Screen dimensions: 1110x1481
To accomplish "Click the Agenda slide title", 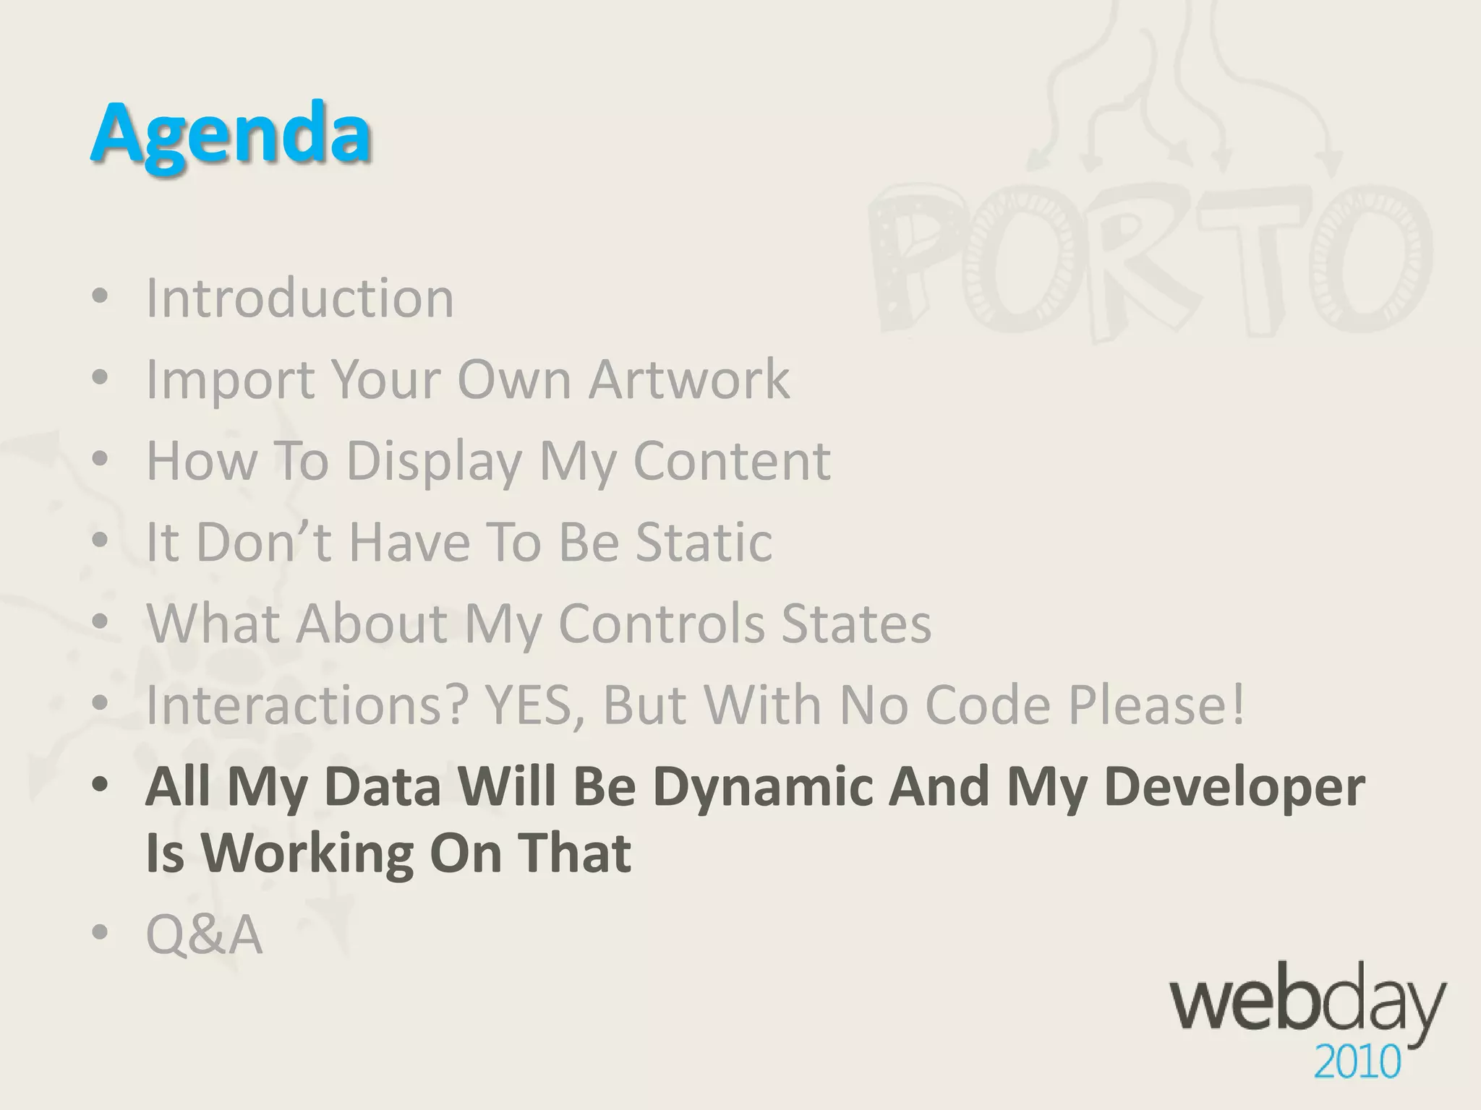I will point(231,134).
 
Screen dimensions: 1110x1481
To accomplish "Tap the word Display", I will point(434,461).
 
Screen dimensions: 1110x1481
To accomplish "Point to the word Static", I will point(704,542).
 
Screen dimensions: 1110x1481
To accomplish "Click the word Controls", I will point(661,623).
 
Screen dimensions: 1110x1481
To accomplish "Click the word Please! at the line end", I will point(1158,705).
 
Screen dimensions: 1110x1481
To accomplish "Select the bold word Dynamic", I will point(763,786).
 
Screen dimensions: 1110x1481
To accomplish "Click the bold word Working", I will point(307,853).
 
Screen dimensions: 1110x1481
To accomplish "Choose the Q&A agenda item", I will point(204,934).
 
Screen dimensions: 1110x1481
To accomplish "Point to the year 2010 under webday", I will point(1357,1063).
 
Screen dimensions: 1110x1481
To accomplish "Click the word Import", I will point(230,380).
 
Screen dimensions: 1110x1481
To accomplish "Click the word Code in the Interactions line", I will point(988,705).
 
